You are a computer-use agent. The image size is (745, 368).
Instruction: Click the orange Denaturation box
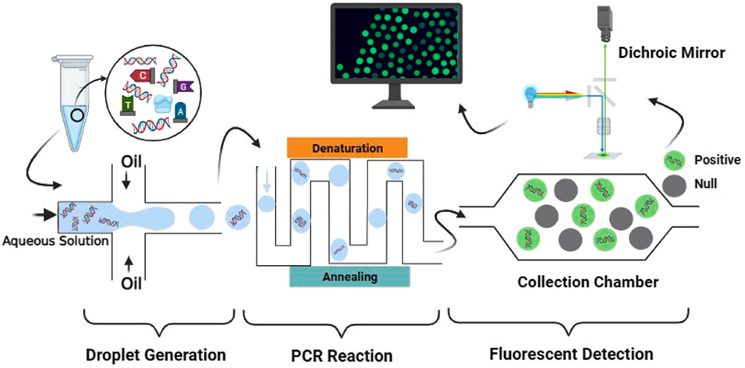point(347,147)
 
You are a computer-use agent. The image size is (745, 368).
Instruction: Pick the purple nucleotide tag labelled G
point(183,87)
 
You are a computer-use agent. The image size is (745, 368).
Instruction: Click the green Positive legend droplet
point(673,161)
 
